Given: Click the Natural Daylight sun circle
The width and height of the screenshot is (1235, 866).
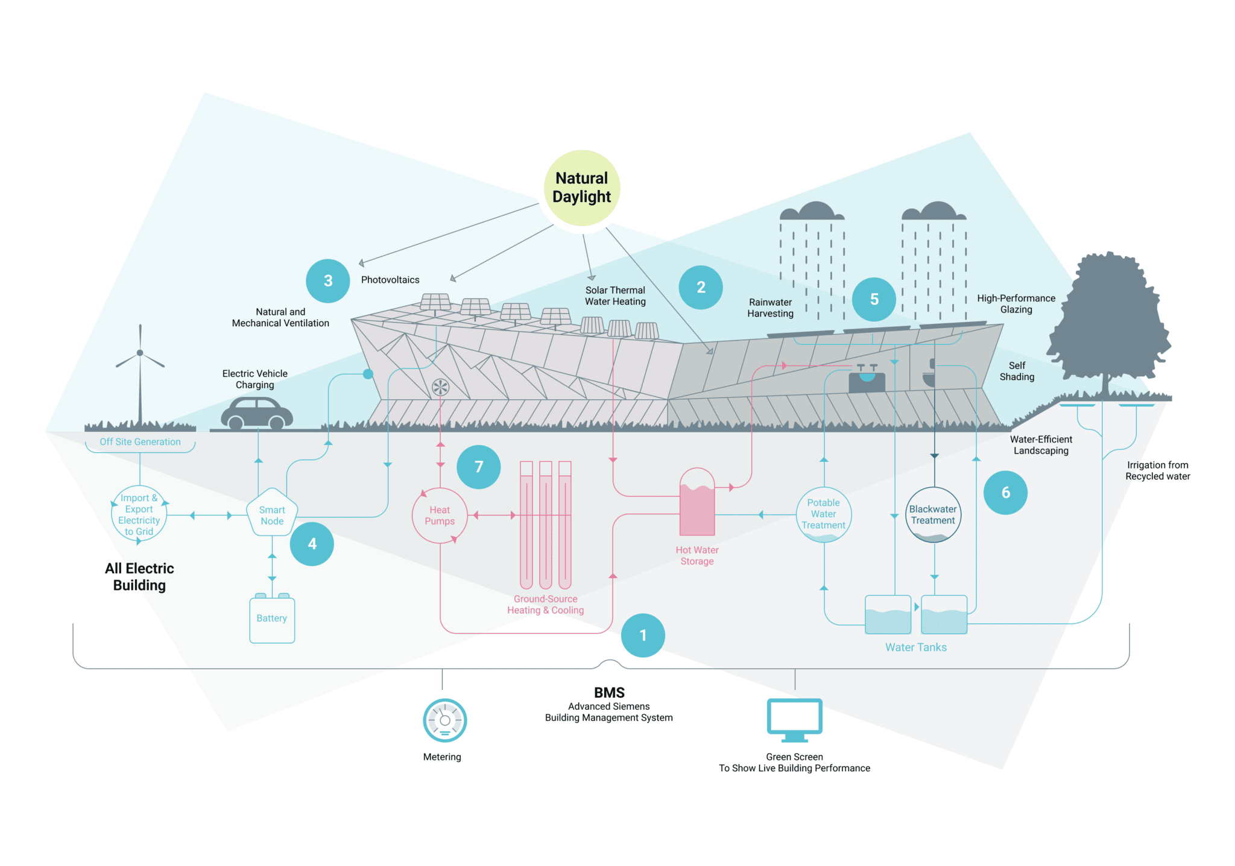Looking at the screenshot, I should (582, 188).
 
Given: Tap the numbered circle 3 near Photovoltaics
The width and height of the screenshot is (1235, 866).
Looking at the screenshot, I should (328, 281).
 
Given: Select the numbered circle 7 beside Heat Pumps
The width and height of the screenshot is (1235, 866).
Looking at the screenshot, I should (479, 467).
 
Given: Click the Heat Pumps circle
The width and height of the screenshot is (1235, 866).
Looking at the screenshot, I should (440, 516).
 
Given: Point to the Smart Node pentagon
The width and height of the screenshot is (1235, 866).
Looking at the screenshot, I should (272, 514).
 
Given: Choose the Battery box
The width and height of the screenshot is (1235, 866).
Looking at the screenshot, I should (272, 619).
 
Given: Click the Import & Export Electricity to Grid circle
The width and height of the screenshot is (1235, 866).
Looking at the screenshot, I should (139, 514).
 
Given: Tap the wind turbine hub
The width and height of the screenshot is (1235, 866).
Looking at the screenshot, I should (140, 353).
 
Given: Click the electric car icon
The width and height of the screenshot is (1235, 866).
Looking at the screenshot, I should (257, 413).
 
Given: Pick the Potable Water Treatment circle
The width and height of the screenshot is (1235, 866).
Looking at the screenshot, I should (824, 514).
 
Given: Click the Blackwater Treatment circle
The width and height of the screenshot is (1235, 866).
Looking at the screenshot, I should (933, 514).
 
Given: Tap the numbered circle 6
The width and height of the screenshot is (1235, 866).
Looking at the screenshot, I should (1005, 493).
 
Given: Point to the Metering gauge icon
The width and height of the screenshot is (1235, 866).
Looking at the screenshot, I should (445, 720).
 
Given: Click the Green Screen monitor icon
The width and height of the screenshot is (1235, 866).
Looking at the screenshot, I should (795, 719).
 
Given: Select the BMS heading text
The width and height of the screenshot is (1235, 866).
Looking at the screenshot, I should (609, 693).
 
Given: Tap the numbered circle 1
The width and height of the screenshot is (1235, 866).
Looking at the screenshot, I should (643, 636).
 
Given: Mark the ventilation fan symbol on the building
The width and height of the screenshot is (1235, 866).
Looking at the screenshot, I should (441, 387).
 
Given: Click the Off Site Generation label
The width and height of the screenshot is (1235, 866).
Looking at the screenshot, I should (140, 442).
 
